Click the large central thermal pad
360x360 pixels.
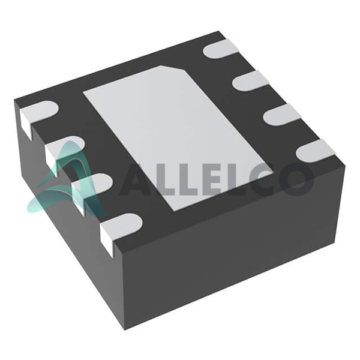[178, 138]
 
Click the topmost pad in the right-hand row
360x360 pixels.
[221, 49]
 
